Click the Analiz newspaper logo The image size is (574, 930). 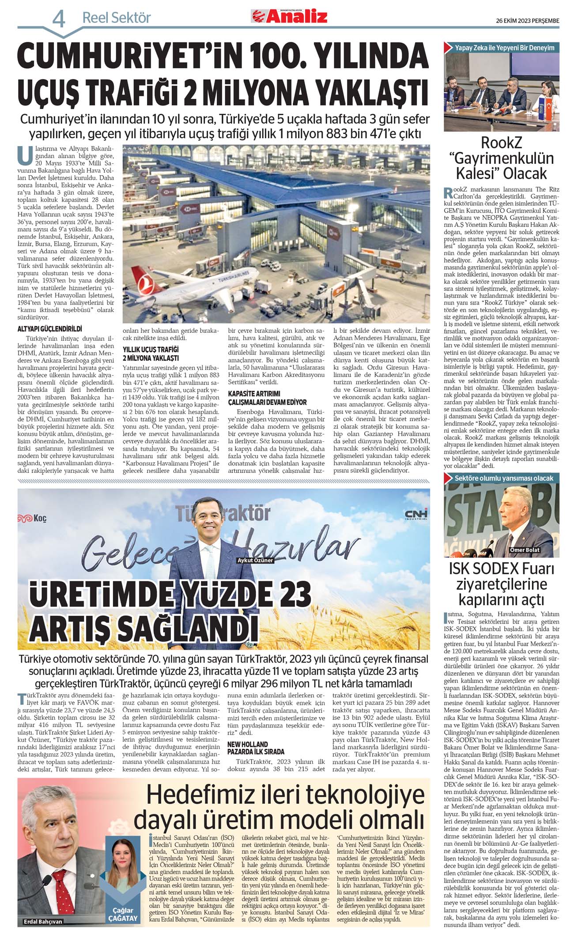(x=289, y=16)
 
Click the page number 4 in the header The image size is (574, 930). (x=59, y=19)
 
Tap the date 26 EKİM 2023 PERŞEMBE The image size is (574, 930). (x=527, y=20)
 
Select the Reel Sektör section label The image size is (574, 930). (x=117, y=18)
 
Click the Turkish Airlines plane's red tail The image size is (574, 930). (x=142, y=277)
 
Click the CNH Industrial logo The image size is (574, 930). (x=416, y=514)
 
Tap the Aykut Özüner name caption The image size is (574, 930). (x=255, y=560)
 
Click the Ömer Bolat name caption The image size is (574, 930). (x=525, y=550)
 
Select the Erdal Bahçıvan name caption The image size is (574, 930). (x=43, y=922)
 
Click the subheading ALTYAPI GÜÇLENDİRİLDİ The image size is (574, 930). (x=49, y=329)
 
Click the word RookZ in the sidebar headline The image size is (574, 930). (x=501, y=143)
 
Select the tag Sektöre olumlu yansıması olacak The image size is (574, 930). (x=503, y=478)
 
